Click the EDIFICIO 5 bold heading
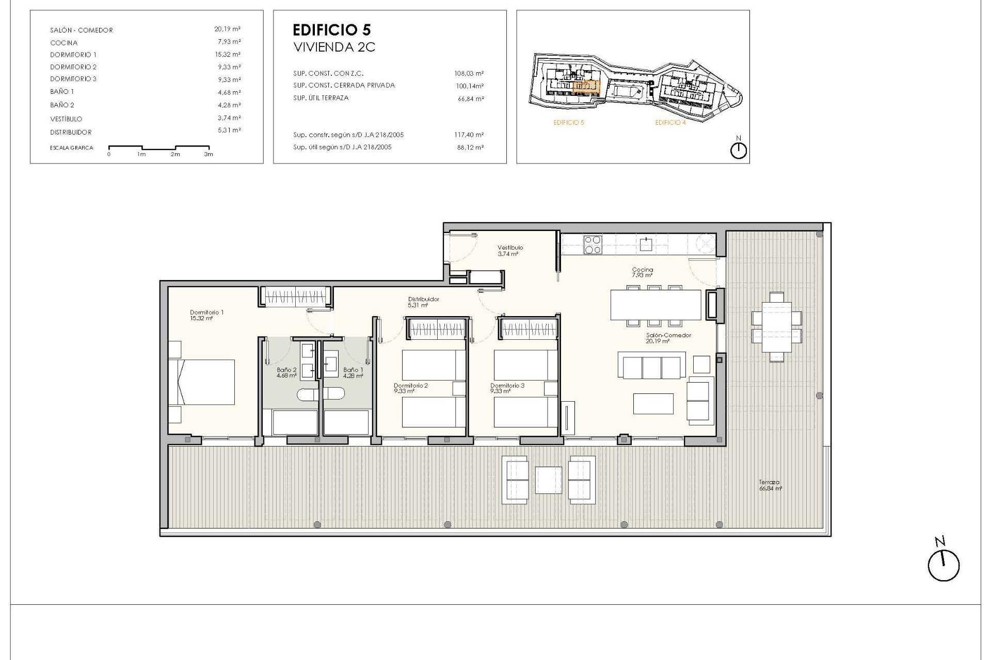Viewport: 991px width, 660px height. click(x=331, y=30)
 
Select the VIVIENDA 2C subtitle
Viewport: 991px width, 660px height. click(x=334, y=47)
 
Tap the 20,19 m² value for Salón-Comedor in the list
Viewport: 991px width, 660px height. click(x=228, y=29)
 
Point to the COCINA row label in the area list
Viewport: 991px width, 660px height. click(x=64, y=43)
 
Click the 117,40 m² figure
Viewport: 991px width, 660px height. click(x=469, y=135)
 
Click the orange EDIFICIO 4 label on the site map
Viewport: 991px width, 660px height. click(x=670, y=123)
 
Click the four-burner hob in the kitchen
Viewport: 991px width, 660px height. click(x=593, y=244)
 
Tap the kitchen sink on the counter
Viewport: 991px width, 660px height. click(x=646, y=244)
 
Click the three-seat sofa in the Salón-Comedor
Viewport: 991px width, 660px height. click(x=651, y=366)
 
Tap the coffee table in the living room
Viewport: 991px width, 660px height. click(x=653, y=404)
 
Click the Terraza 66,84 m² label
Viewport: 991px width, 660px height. click(x=770, y=485)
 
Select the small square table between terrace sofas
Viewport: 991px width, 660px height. click(x=548, y=480)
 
